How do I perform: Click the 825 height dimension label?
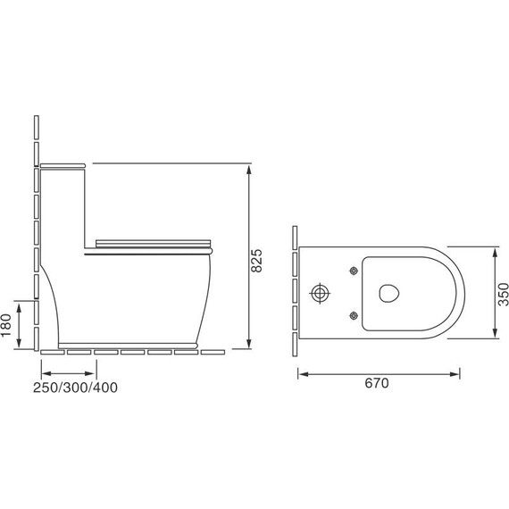click(x=257, y=261)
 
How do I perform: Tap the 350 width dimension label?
click(x=503, y=295)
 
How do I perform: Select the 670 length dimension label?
click(x=377, y=383)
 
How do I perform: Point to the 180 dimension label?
click(x=6, y=326)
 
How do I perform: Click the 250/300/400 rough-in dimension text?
click(x=75, y=388)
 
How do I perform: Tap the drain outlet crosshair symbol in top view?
click(x=320, y=293)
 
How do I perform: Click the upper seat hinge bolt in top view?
click(x=354, y=271)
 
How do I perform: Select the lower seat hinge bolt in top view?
click(x=354, y=315)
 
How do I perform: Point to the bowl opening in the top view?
click(x=388, y=293)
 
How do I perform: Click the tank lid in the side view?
click(x=63, y=165)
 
